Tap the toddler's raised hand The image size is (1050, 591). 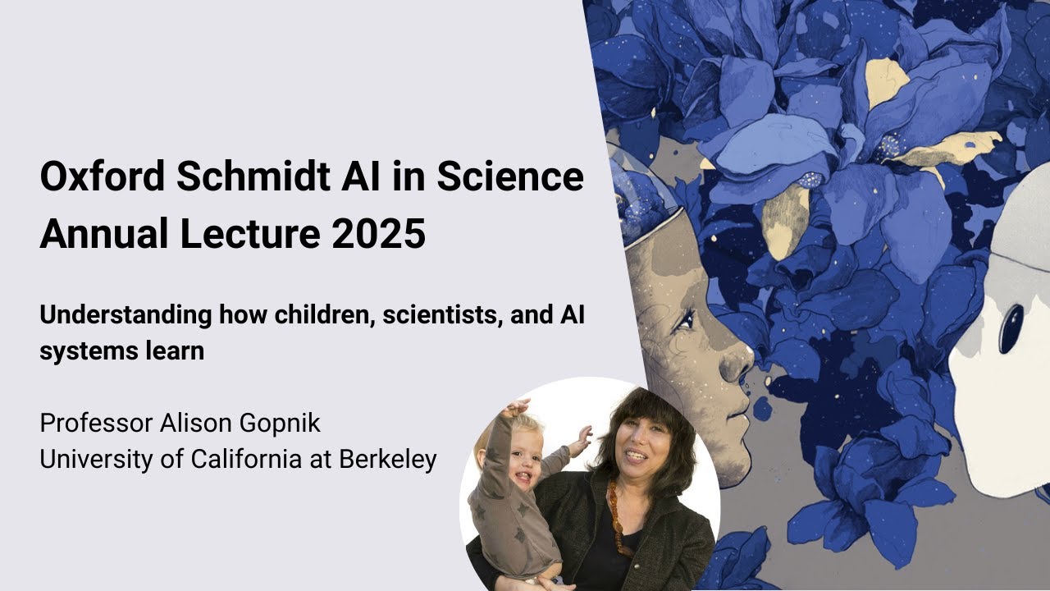(x=517, y=407)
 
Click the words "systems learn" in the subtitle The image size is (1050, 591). (x=121, y=350)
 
